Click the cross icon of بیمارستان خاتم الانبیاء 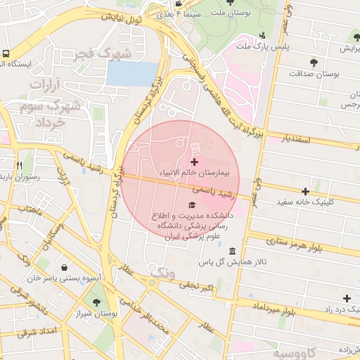tap(194, 162)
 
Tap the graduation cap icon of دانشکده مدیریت tap(193, 205)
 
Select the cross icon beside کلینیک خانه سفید tap(305, 191)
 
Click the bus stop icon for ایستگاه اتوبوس tap(6, 53)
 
